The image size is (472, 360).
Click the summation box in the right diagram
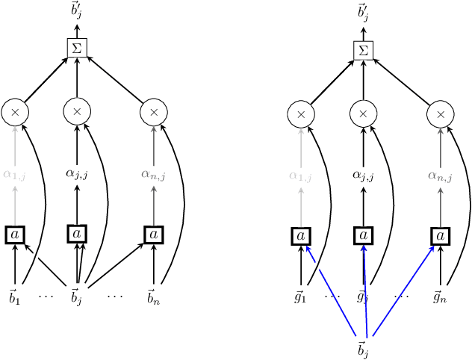pos(363,50)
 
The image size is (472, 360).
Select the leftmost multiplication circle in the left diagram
pos(15,112)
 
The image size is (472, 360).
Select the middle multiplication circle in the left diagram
pos(77,112)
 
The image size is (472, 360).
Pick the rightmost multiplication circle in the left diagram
pos(154,112)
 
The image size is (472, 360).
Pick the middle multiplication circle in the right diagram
pos(363,114)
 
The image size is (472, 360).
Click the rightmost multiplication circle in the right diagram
pos(440,114)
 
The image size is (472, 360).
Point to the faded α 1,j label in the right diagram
pos(301,176)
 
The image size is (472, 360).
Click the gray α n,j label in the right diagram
pos(440,176)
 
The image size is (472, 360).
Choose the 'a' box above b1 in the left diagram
pos(15,234)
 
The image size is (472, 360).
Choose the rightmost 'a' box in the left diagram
pos(154,234)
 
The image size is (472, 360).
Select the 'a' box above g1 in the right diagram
pos(301,236)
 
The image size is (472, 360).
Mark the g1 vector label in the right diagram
pos(301,297)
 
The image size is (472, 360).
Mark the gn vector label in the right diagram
pos(440,297)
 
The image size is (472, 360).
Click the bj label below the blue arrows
pos(363,348)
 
